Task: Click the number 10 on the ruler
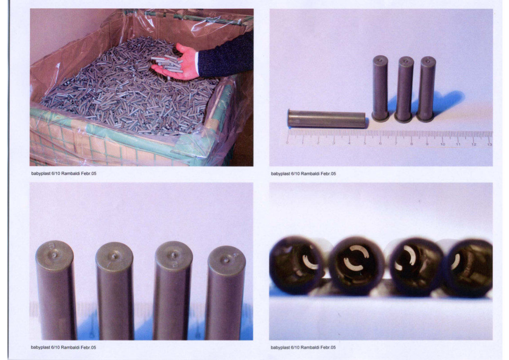click(442, 144)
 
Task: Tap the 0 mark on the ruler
click(287, 143)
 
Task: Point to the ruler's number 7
click(396, 143)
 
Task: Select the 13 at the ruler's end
click(489, 144)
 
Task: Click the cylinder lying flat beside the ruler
click(327, 119)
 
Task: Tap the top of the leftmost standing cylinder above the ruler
click(380, 60)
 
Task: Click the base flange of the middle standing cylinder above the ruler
click(404, 118)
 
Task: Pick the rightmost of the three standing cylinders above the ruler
click(427, 89)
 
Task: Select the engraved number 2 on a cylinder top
click(174, 265)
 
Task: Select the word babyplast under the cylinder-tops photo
click(40, 347)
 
